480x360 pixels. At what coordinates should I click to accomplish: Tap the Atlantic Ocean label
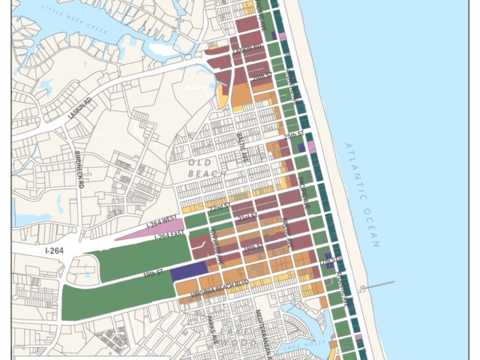point(363,194)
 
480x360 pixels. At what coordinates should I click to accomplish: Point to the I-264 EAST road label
point(171,238)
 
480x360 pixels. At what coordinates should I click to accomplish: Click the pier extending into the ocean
point(379,284)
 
